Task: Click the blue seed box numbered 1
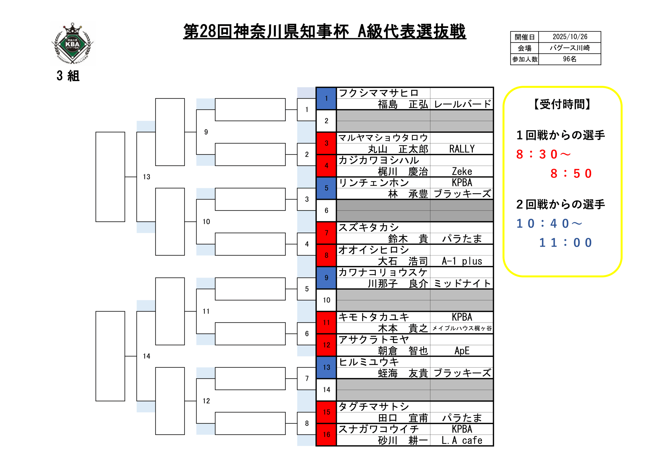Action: click(x=326, y=98)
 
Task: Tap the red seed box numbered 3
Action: click(x=326, y=143)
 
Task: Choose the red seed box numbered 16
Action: click(x=326, y=434)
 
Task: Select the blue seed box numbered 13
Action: click(x=326, y=367)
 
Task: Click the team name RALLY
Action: click(x=462, y=149)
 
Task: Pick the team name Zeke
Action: click(x=462, y=172)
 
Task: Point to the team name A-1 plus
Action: click(x=462, y=261)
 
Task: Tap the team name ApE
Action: click(x=462, y=351)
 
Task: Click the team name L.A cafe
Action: click(x=462, y=440)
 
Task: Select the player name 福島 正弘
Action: click(x=403, y=104)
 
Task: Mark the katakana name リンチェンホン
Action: click(x=374, y=183)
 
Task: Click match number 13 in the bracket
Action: click(x=147, y=177)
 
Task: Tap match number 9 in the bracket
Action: click(x=206, y=132)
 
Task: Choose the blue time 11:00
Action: click(x=565, y=243)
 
